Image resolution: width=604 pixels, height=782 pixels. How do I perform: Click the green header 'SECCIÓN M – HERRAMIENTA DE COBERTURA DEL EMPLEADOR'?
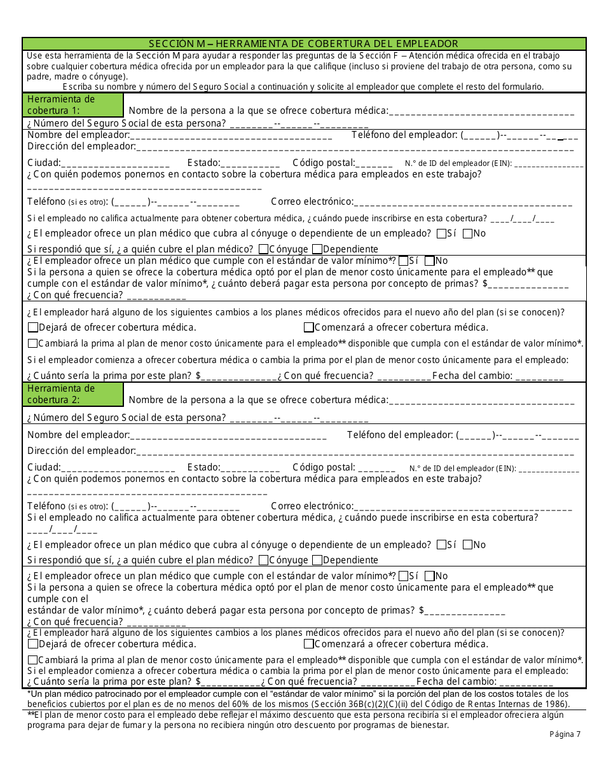pyautogui.click(x=303, y=44)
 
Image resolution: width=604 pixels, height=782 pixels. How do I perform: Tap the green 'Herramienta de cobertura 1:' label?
pyautogui.click(x=73, y=105)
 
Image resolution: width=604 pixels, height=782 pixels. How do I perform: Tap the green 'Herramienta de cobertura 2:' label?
pyautogui.click(x=73, y=394)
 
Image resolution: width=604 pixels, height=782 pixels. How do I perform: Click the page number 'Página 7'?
pyautogui.click(x=565, y=734)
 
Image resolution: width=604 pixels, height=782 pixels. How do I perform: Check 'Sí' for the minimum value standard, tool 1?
pyautogui.click(x=403, y=260)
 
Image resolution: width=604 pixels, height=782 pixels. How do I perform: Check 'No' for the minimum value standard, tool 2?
pyautogui.click(x=429, y=576)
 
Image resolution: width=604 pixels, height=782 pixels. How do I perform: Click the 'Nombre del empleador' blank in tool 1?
pyautogui.click(x=231, y=135)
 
